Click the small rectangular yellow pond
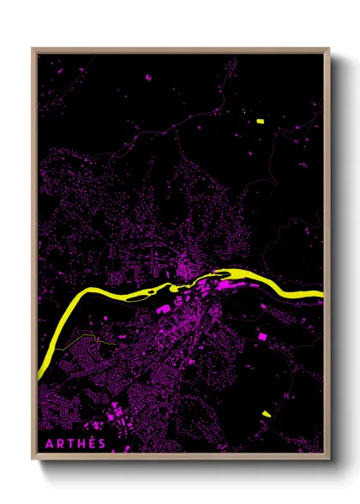point(260,122)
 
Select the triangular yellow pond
point(267,414)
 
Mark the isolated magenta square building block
point(262,338)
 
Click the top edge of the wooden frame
point(180,50)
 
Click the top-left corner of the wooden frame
point(34,50)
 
